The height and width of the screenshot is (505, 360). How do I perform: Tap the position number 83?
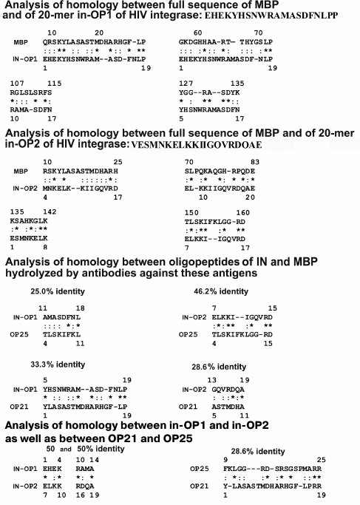[x=255, y=161]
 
